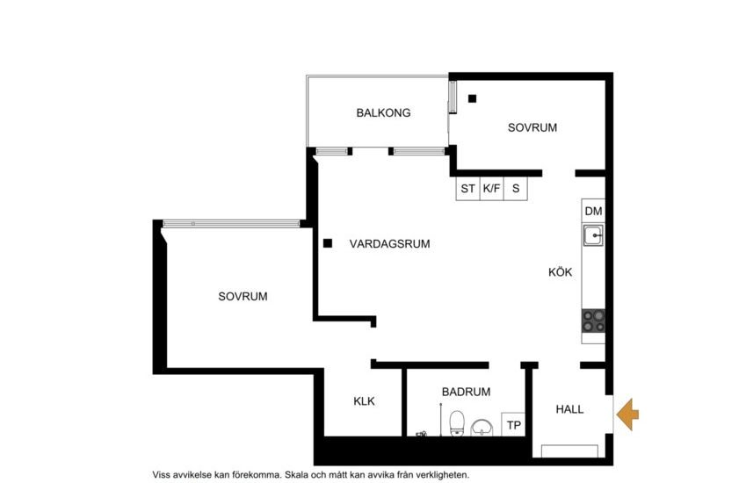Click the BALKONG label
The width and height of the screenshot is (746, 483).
383,113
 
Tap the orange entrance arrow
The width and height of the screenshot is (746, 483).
628,414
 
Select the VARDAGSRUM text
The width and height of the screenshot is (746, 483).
389,244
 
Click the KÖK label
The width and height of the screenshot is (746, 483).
560,272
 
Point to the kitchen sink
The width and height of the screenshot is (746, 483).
593,235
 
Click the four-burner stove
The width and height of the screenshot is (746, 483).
593,321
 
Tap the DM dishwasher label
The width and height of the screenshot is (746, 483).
593,212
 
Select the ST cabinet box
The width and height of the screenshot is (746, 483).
467,188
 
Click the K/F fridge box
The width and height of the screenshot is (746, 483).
492,188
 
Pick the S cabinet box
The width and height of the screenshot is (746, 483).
516,188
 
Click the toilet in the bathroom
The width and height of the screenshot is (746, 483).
456,423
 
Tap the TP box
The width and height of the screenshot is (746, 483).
514,426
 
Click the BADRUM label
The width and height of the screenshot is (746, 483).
466,393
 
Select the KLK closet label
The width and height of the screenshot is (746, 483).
364,401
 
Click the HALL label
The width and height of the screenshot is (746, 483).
570,409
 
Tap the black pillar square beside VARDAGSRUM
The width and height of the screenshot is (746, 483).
327,243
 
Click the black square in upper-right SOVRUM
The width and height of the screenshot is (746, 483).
472,98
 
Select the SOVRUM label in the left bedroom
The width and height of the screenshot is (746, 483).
243,297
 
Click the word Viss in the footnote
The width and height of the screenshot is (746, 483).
163,473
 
